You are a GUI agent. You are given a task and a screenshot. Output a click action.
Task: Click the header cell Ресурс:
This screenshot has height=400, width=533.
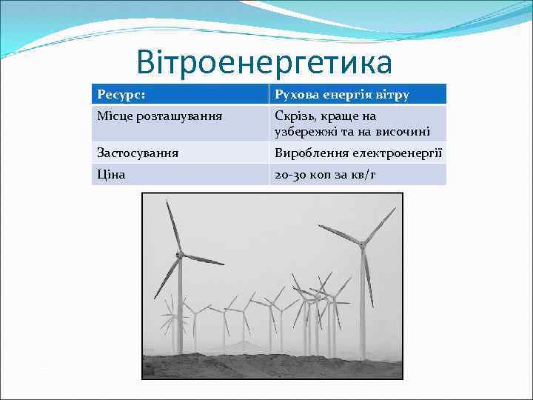point(121,95)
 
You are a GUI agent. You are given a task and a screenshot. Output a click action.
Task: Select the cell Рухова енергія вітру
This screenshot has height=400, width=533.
point(341,95)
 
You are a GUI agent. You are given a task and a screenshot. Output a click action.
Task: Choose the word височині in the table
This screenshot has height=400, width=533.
point(403,132)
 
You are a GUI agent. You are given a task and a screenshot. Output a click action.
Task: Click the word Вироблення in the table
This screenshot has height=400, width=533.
point(309,153)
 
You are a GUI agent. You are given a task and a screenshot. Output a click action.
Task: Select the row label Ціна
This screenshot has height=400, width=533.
point(111,174)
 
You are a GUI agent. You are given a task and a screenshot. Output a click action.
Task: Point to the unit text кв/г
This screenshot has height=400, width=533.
point(363,174)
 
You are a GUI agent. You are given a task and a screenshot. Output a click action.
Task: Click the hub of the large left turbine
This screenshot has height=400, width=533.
point(180,254)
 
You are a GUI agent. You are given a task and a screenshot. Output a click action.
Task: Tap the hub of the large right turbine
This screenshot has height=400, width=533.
point(362,242)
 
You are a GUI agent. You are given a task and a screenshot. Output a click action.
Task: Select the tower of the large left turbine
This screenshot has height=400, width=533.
point(178,304)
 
